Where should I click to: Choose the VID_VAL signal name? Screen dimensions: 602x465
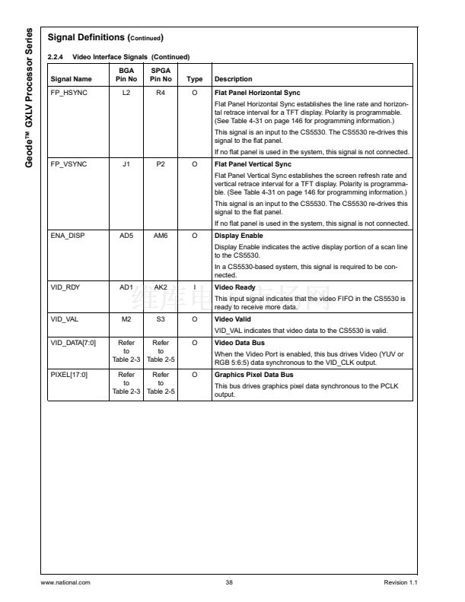(x=65, y=320)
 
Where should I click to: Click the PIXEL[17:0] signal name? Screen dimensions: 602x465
(x=69, y=375)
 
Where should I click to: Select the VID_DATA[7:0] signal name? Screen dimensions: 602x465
(x=73, y=343)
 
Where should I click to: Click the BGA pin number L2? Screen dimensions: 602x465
(x=126, y=93)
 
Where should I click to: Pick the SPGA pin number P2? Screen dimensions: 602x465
(x=161, y=164)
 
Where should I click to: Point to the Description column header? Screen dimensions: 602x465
(x=234, y=79)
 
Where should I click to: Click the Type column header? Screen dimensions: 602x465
(x=195, y=79)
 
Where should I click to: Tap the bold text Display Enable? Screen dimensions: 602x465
(x=239, y=236)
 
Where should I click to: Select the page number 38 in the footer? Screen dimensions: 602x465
(x=229, y=582)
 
